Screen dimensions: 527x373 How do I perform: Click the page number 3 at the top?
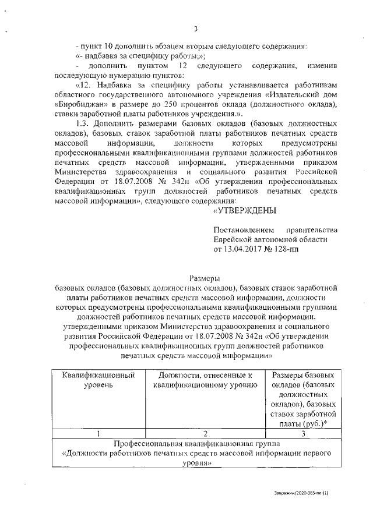coord(196,29)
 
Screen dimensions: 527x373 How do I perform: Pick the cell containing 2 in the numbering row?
coord(205,433)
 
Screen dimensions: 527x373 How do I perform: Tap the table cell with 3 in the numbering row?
coord(303,433)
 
